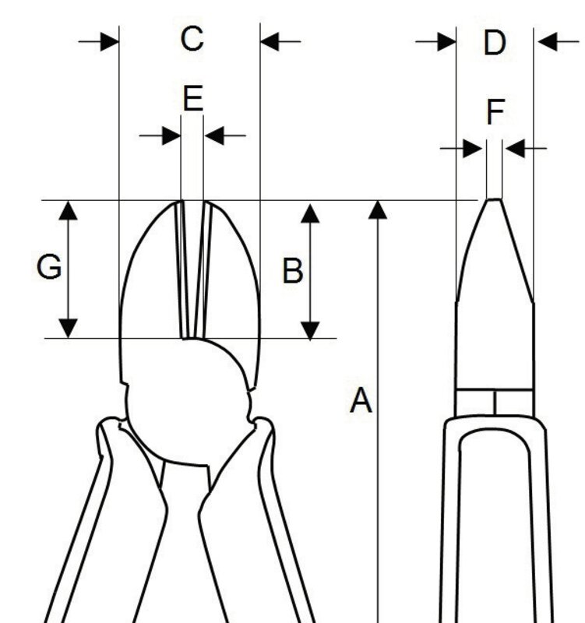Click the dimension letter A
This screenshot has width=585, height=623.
[x=360, y=401]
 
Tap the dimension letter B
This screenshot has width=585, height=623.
[x=292, y=271]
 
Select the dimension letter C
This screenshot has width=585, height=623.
[x=192, y=37]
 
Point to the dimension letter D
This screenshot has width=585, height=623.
[x=494, y=43]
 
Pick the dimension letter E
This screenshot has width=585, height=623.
[x=192, y=99]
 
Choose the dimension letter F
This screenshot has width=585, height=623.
[x=495, y=113]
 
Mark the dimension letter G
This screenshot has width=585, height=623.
[x=49, y=267]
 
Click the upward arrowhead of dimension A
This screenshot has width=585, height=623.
[x=378, y=209]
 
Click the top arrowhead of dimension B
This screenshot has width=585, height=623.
[x=311, y=212]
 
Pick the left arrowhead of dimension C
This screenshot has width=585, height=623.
[x=110, y=40]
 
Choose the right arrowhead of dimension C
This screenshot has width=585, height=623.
[x=270, y=40]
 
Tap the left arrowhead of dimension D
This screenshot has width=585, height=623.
[x=446, y=40]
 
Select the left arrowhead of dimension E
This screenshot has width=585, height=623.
[x=171, y=136]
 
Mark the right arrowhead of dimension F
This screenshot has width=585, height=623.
[x=514, y=147]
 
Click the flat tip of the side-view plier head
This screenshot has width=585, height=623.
[x=494, y=200]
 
